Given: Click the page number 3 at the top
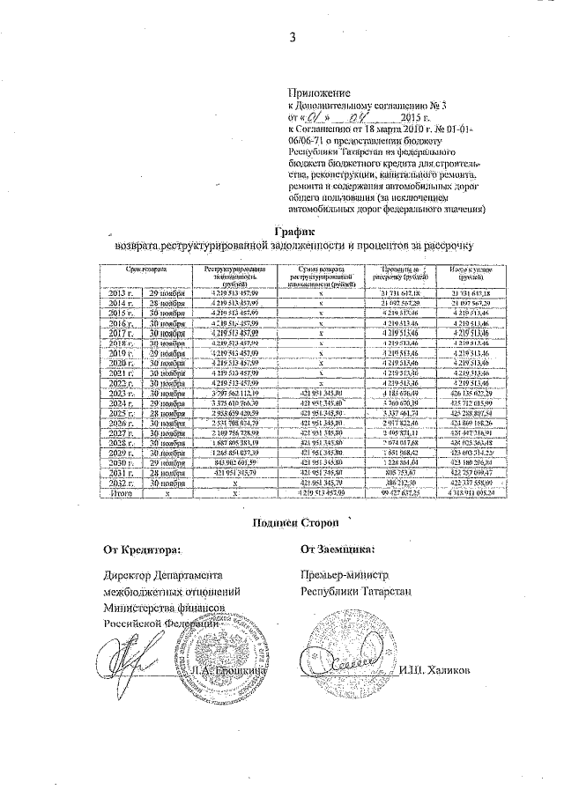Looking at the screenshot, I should click(291, 36).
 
